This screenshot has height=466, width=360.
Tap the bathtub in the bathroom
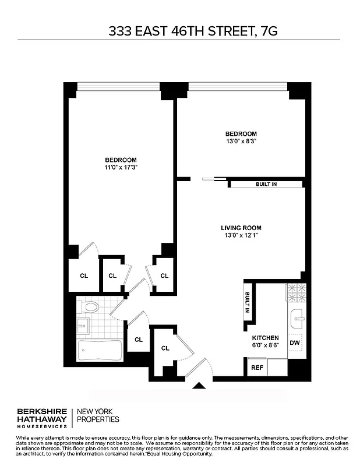tap(100, 351)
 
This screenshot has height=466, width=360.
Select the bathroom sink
tap(82, 325)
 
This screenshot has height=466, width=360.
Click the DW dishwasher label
tap(295, 343)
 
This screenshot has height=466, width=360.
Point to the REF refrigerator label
tap(256, 368)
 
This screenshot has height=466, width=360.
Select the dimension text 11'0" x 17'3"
tap(121, 168)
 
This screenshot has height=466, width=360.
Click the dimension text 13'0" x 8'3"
tap(241, 142)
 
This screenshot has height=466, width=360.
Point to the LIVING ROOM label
tap(241, 228)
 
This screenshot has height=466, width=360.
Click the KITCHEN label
tap(265, 338)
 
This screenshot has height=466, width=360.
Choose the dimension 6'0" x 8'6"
tap(265, 345)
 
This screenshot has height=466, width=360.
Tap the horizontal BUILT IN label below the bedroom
tap(266, 185)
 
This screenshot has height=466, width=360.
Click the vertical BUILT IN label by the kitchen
tap(248, 302)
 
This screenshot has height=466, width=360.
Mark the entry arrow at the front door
tap(200, 385)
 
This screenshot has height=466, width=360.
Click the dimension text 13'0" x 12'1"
tap(241, 235)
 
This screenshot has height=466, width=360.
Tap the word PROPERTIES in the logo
tap(97, 419)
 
